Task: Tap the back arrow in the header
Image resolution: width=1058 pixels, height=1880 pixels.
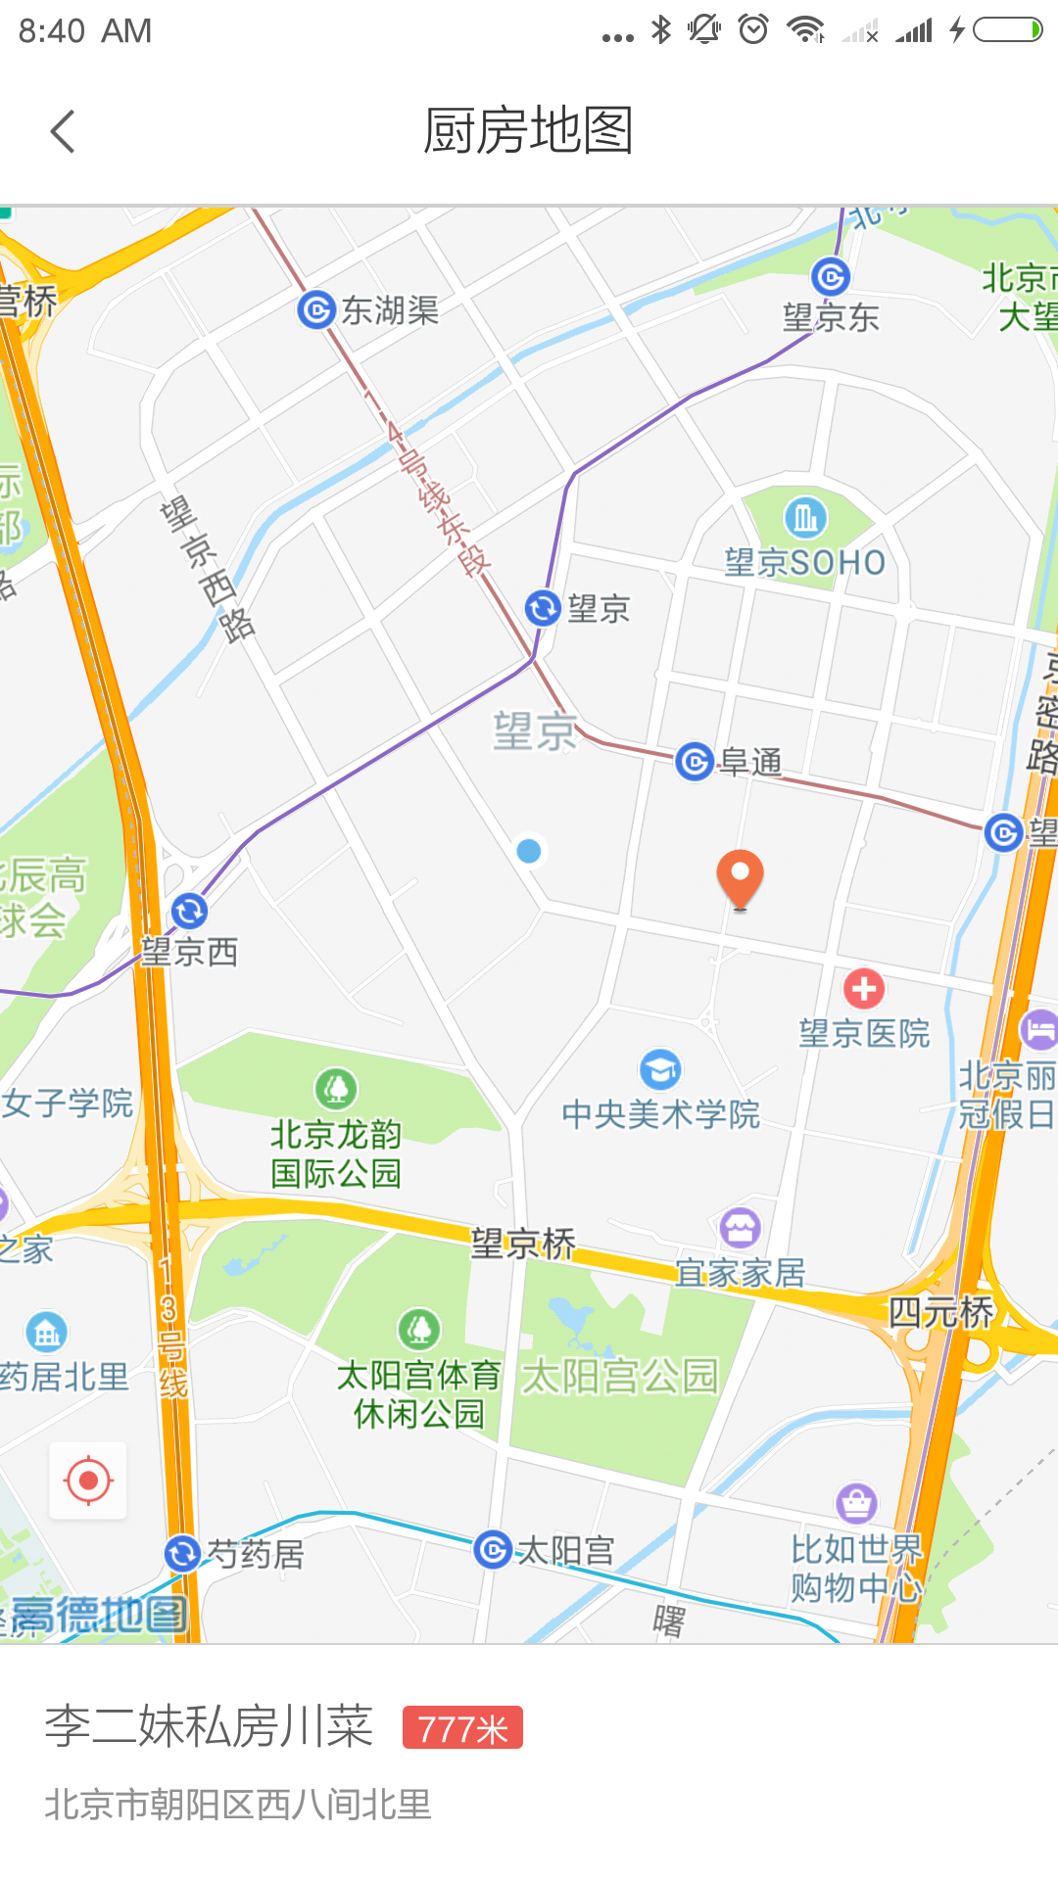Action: pyautogui.click(x=63, y=131)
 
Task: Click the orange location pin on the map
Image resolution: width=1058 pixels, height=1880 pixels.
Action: pyautogui.click(x=740, y=875)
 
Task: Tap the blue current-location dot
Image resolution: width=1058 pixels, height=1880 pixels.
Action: pyautogui.click(x=529, y=851)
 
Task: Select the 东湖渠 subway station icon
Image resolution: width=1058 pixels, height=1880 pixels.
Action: pyautogui.click(x=316, y=310)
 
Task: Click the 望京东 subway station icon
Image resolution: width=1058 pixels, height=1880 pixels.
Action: pyautogui.click(x=831, y=277)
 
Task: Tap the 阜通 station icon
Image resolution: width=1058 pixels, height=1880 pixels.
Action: pyautogui.click(x=695, y=761)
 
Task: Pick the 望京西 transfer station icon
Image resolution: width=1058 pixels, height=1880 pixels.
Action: pyautogui.click(x=189, y=912)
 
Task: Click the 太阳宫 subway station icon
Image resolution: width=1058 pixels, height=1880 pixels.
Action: pyautogui.click(x=493, y=1549)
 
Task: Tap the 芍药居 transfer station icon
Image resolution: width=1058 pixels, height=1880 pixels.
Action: pyautogui.click(x=182, y=1554)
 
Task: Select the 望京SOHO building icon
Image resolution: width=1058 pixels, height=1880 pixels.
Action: pyautogui.click(x=805, y=517)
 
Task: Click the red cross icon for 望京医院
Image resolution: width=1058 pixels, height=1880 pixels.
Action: pyautogui.click(x=864, y=989)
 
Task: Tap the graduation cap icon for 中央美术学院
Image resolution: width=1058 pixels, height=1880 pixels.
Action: pyautogui.click(x=661, y=1069)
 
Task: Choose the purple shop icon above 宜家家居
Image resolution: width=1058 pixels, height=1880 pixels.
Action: pyautogui.click(x=741, y=1227)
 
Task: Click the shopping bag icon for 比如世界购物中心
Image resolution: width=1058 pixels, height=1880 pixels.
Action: pyautogui.click(x=857, y=1502)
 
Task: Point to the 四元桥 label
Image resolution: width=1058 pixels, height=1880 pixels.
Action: pyautogui.click(x=940, y=1312)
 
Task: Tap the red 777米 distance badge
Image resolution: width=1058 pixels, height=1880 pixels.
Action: pyautogui.click(x=462, y=1728)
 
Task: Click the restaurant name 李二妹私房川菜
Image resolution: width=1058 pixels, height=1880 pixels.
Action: pyautogui.click(x=209, y=1726)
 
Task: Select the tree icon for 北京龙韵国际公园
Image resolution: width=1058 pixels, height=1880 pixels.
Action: pyautogui.click(x=336, y=1088)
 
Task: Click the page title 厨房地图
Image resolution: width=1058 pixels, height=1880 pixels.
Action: pyautogui.click(x=529, y=131)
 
